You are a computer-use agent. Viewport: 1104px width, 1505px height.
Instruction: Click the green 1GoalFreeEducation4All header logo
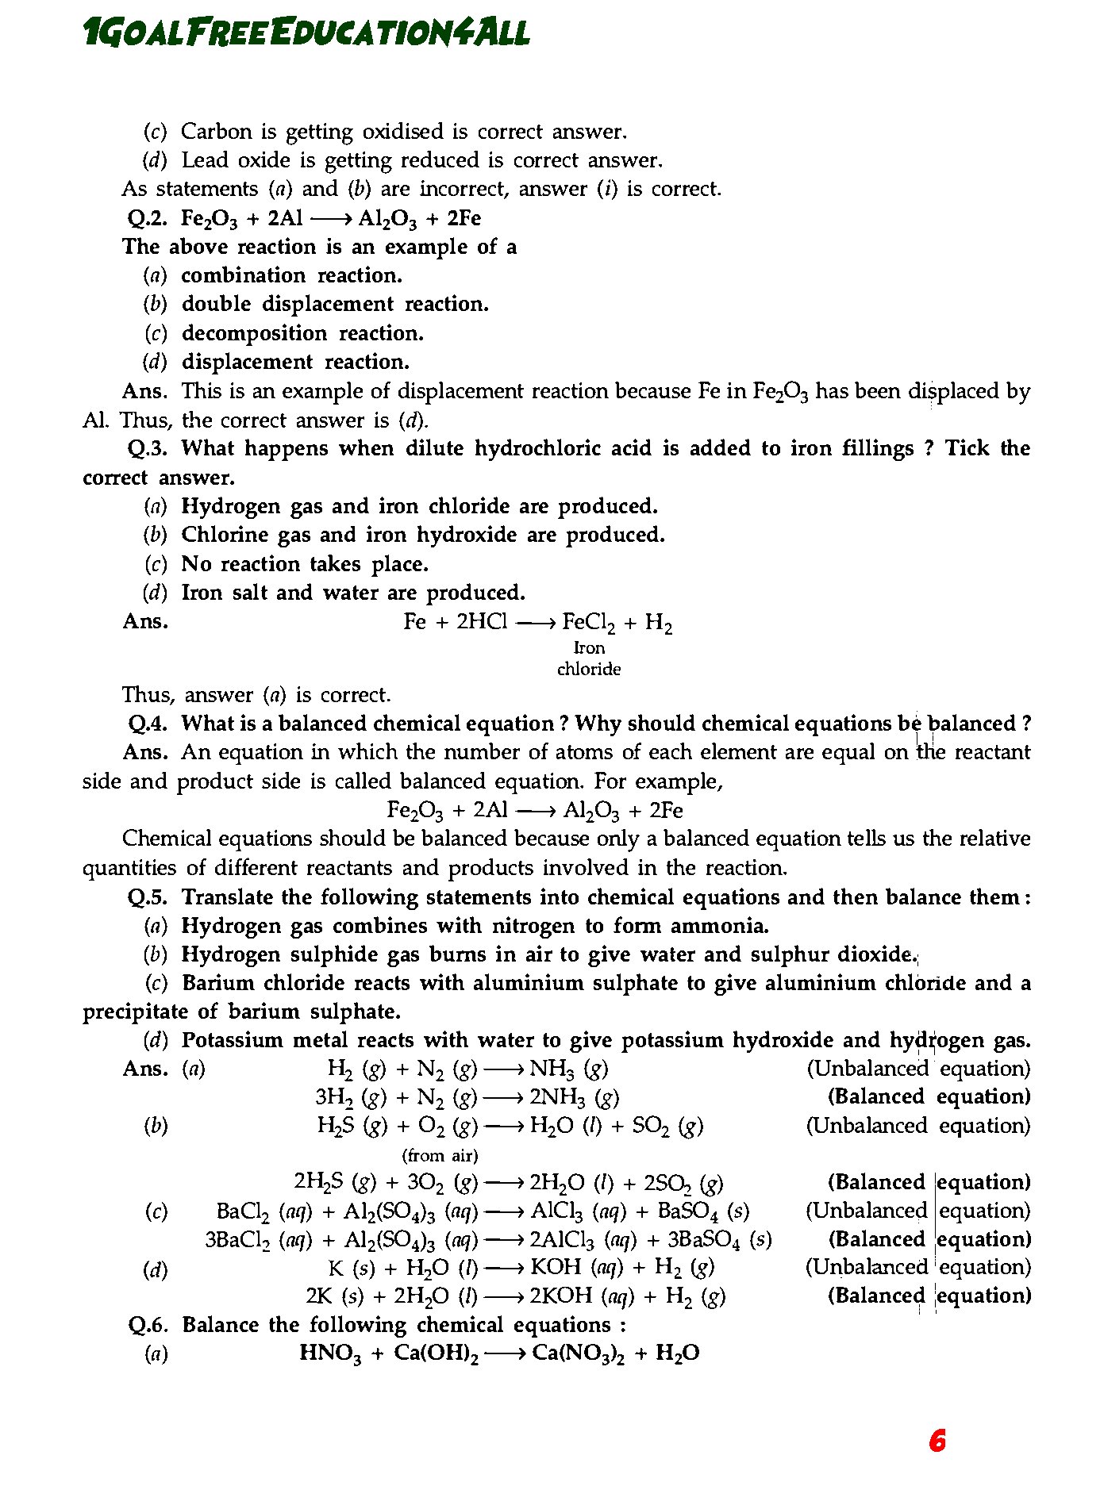306,33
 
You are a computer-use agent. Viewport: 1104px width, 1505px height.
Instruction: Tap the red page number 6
937,1441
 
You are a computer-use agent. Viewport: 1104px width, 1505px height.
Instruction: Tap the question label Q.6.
148,1326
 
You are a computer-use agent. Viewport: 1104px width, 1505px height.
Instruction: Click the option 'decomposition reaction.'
302,334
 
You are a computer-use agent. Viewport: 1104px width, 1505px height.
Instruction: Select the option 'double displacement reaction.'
335,305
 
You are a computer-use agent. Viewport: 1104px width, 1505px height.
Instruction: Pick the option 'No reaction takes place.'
305,565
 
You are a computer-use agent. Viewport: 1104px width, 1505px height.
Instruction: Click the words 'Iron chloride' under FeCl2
589,659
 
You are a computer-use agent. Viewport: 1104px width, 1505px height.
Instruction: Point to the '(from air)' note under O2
440,1156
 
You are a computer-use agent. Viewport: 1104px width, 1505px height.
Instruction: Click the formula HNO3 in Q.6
330,1354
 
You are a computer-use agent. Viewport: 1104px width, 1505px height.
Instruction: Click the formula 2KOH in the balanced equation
560,1297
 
